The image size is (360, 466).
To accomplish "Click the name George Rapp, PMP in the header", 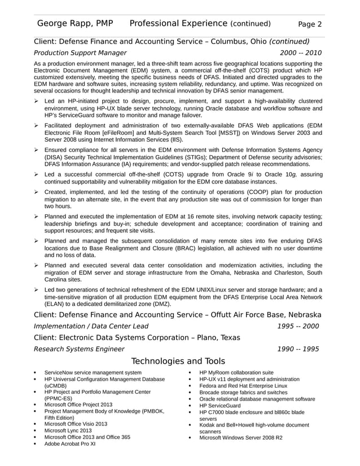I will point(74,24).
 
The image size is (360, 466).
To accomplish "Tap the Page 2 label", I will point(310,24).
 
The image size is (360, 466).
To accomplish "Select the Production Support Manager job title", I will point(80,53).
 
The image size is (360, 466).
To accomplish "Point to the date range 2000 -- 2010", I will point(301,53).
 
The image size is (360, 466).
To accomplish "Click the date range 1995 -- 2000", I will point(298,326).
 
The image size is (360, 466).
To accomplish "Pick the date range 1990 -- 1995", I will point(298,349).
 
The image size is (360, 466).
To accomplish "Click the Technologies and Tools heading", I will point(178,361).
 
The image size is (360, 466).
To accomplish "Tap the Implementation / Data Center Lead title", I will point(91,326).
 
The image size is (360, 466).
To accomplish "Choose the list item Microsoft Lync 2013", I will point(68,430).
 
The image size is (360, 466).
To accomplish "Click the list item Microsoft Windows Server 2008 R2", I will point(241,437).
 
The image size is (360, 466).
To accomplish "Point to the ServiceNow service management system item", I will point(93,372).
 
